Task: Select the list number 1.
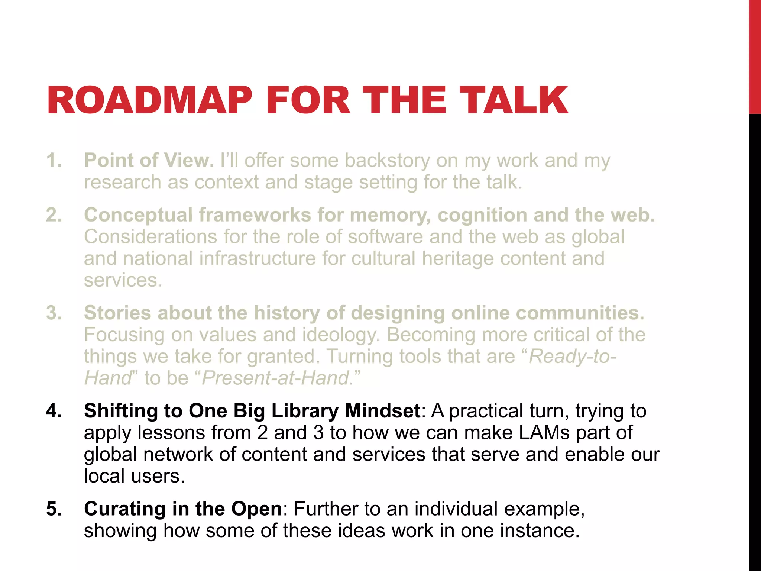click(x=54, y=161)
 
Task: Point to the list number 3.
click(x=54, y=313)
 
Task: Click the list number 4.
click(x=54, y=411)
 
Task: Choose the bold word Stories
click(x=117, y=313)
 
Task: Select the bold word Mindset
click(x=383, y=411)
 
